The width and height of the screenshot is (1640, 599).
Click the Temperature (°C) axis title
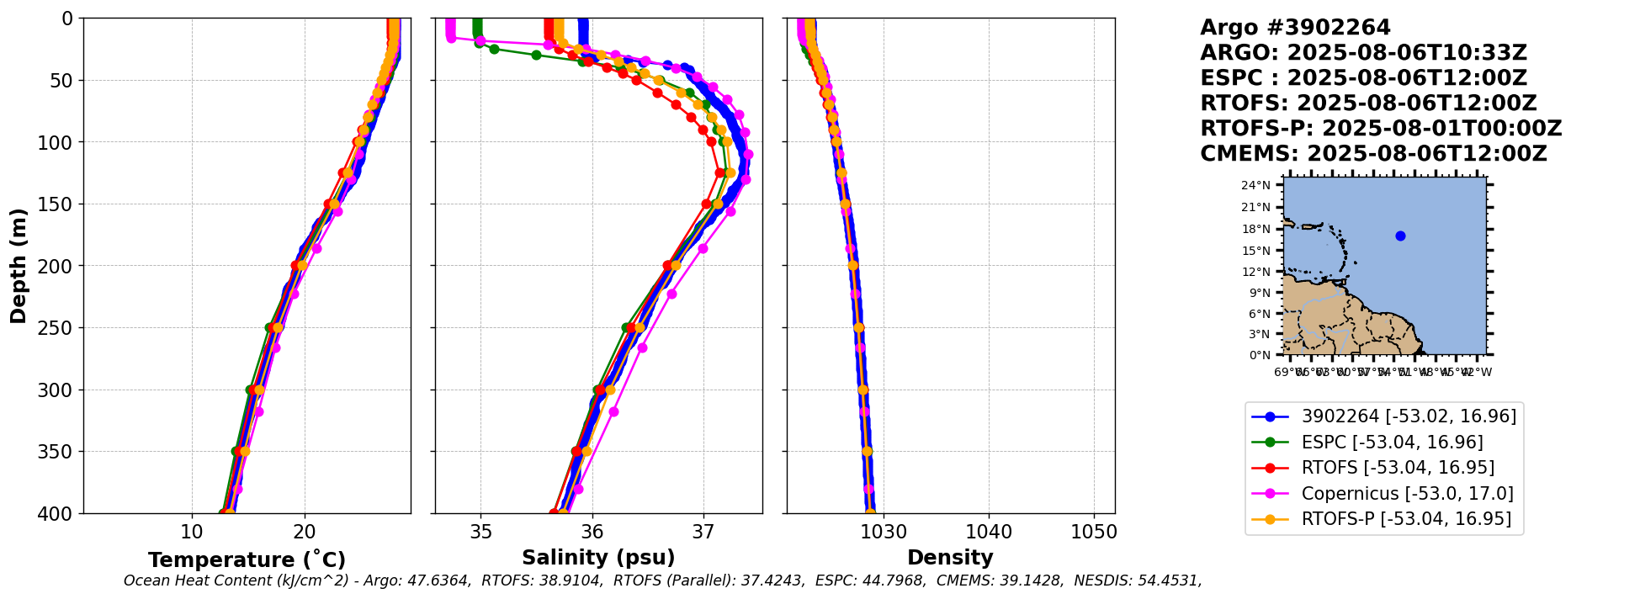point(247,560)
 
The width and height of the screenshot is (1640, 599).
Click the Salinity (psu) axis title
point(598,558)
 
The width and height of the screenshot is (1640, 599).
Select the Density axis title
point(950,558)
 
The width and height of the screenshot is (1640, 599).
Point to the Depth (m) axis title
point(18,265)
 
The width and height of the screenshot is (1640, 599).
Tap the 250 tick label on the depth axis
point(56,328)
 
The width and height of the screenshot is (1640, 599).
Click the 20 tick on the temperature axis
point(305,533)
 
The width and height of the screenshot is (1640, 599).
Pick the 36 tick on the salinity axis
point(592,533)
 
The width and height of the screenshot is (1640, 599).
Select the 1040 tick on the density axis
point(989,533)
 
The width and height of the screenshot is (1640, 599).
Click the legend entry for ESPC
point(1392,442)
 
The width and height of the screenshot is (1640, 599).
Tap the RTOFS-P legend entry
point(1406,519)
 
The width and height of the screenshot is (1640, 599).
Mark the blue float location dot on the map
point(1400,236)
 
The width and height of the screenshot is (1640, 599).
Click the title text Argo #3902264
point(1295,28)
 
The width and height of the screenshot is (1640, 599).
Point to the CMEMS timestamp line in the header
point(1373,154)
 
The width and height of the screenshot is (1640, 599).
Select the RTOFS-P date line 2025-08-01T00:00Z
point(1442,129)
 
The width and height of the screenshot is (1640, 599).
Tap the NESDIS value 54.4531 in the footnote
point(1165,580)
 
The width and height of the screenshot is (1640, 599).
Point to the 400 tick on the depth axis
point(56,513)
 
